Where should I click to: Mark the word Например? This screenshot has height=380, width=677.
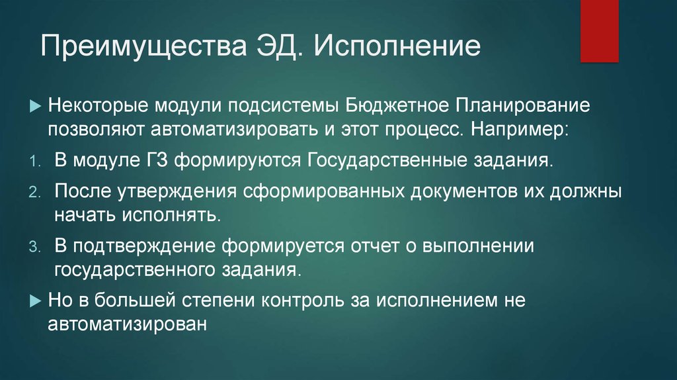point(516,127)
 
